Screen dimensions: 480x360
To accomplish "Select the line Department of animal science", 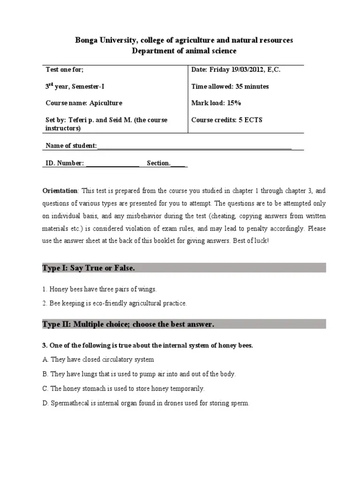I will coord(184,51).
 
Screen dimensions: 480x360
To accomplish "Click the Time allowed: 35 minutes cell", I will coord(230,87).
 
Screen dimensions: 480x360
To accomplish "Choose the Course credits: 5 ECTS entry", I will coord(227,120).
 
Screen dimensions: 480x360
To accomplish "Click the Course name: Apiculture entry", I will coord(84,103).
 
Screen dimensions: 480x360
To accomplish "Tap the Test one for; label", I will coord(65,70).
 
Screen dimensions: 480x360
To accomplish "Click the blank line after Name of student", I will coord(194,147).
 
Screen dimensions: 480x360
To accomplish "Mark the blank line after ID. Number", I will coord(113,164).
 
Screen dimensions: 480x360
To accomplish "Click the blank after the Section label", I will coord(179,164).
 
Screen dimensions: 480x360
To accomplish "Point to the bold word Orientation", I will coord(60,191).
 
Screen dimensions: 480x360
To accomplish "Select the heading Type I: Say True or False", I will coord(89,268).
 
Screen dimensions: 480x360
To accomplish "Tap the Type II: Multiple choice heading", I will coord(128,324).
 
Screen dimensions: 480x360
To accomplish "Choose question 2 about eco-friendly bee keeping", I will coord(115,303).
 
